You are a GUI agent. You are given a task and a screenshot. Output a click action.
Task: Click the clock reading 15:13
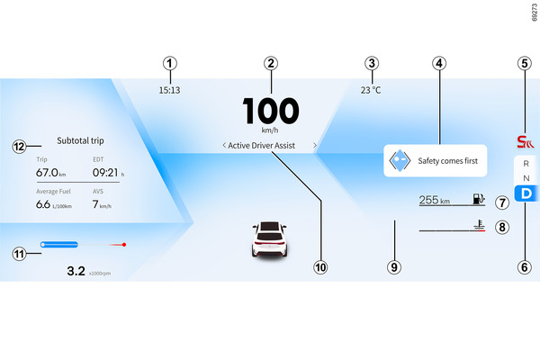point(169,90)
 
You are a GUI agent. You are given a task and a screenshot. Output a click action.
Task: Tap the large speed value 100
point(270,111)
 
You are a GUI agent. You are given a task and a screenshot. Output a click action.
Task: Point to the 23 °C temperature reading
point(371,90)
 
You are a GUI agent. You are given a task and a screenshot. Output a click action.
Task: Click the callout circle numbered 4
point(438,64)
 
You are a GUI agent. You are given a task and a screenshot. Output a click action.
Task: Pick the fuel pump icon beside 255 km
point(478,200)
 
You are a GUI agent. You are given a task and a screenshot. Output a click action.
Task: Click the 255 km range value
point(435,201)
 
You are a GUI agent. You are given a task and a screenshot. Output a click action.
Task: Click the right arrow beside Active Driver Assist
point(314,144)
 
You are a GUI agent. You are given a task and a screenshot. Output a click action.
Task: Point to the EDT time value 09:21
point(105,172)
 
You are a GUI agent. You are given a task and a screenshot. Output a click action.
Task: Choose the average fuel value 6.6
point(42,204)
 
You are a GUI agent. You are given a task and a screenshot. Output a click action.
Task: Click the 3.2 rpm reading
point(76,269)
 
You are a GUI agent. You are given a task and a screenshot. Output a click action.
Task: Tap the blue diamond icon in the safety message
point(399,162)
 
